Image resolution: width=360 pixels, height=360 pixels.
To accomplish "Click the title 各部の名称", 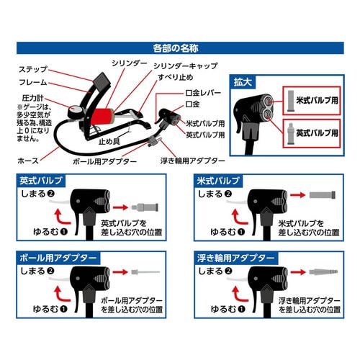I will [x=179, y=51].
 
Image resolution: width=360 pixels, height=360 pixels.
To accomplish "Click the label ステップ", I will [x=34, y=70].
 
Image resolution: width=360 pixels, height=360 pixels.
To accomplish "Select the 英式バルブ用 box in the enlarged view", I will [x=316, y=133].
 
